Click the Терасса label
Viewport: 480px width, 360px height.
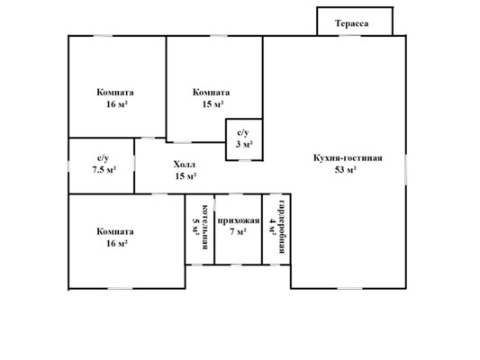tap(352, 23)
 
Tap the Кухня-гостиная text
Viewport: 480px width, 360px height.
tap(348, 158)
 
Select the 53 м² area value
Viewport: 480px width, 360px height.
tap(345, 170)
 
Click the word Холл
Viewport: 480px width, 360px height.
tap(185, 165)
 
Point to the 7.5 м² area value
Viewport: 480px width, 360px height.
tap(104, 169)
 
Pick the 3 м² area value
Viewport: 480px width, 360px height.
tap(244, 144)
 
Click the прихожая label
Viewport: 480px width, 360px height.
tap(239, 220)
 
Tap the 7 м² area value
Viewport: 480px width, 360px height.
tap(238, 232)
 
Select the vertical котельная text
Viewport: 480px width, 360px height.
tap(206, 227)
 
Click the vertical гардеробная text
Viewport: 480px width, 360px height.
tap(282, 227)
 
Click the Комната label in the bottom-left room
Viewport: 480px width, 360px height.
tap(115, 231)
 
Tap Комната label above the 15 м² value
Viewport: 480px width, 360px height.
tap(212, 93)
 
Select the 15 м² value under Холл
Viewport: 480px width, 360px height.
tap(186, 176)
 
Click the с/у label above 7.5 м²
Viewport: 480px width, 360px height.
tap(104, 158)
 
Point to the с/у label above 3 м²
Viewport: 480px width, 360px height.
tap(243, 132)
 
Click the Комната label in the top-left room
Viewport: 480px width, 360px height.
tap(115, 93)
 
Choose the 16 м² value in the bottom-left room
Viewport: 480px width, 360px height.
tap(117, 244)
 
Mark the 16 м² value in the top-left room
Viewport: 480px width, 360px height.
tap(117, 104)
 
